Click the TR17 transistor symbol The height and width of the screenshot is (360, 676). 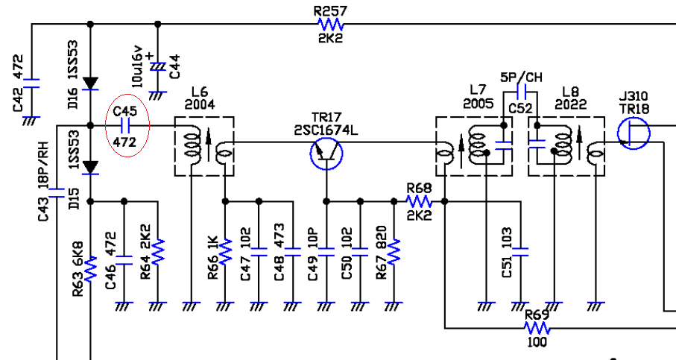[326, 154]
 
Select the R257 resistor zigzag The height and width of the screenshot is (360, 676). [331, 24]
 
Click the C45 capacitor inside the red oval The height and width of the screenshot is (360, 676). [125, 126]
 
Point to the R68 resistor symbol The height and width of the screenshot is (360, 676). [419, 201]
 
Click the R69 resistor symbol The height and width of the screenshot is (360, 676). [537, 329]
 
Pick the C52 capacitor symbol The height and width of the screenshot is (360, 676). [520, 92]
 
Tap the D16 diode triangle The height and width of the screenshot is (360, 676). [90, 83]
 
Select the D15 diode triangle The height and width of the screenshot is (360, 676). [90, 168]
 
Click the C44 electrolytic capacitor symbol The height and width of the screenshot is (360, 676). [158, 67]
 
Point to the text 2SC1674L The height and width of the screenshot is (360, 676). [326, 130]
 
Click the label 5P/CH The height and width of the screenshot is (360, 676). [521, 78]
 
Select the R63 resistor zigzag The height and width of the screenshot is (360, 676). [90, 269]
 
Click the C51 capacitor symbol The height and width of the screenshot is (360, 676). [520, 252]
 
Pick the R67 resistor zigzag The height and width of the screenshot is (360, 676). [394, 252]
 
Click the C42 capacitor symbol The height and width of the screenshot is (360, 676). [31, 83]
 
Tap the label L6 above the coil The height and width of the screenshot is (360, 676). [200, 92]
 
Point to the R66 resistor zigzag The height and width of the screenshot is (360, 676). [225, 252]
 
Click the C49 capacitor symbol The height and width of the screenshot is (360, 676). [326, 252]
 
